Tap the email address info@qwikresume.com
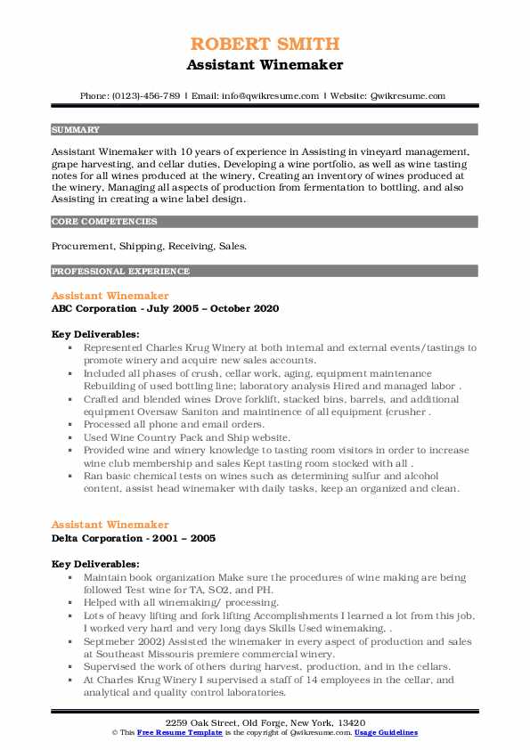pyautogui.click(x=265, y=95)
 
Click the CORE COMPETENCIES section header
pyautogui.click(x=93, y=221)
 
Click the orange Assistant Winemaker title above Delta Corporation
pyautogui.click(x=110, y=525)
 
